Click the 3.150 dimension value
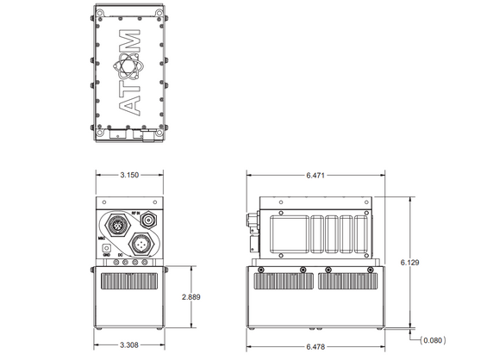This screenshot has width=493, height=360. (128, 176)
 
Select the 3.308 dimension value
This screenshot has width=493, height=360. (128, 345)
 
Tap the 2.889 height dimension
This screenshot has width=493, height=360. (192, 297)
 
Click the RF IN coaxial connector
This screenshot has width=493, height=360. (149, 220)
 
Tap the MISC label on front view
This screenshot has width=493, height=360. (103, 234)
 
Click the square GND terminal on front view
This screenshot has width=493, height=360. (106, 245)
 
